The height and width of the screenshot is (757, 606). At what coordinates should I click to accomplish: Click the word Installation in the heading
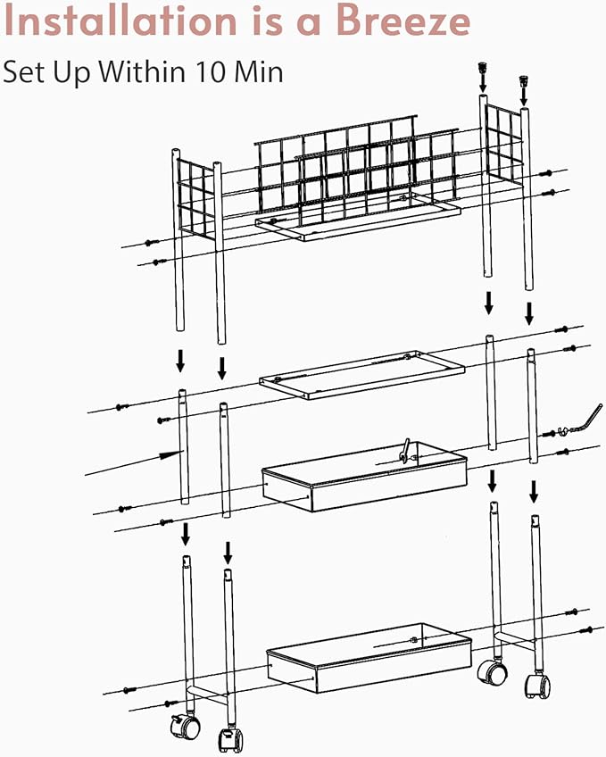coord(120,21)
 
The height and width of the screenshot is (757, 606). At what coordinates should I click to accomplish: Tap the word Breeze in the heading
coord(403,21)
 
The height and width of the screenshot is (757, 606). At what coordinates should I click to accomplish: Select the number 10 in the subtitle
coord(211,71)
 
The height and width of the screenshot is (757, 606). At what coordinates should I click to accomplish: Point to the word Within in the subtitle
coord(142,71)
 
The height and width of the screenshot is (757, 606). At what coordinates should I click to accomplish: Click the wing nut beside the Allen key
coord(561,430)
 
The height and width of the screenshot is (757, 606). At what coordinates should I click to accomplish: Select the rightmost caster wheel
coord(537,686)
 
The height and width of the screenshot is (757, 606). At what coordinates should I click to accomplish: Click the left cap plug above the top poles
coord(482,67)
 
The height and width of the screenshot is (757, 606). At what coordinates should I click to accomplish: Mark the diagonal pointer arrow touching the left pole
coord(134,462)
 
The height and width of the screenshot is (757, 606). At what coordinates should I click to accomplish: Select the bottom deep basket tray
coord(369,658)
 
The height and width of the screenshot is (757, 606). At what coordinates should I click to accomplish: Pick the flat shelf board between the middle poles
coord(361,375)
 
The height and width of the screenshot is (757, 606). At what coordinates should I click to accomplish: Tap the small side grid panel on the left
coord(195,199)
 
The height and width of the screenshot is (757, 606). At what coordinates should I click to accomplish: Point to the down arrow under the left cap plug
coord(483,84)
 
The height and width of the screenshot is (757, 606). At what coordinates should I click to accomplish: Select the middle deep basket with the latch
coord(364,476)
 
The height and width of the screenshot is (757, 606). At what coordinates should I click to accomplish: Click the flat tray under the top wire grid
coord(358,216)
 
